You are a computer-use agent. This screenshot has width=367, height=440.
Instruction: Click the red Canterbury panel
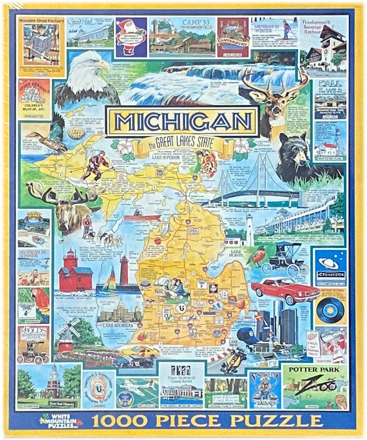point(233,38)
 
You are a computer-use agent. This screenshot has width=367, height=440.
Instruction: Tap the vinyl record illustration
point(330,310)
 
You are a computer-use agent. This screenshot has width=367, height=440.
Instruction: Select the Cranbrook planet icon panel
point(330,265)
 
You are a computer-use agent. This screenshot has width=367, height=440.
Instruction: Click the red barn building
point(75,276)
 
